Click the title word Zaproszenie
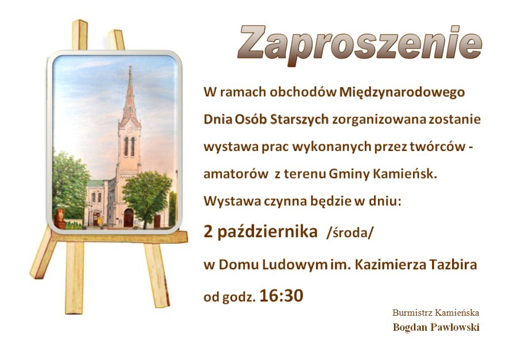pos(360,45)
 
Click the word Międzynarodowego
pos(402,92)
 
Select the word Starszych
pos(299,119)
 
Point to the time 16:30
pos(281,296)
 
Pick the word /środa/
pos(350,233)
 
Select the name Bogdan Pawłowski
pos(436,327)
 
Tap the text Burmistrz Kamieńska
pos(435,312)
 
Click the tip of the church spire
pos(130,66)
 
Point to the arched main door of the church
pos(128,218)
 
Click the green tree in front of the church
pos(146,196)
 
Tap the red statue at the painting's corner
pos(60,219)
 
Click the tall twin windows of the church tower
pos(129,147)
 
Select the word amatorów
pos(236,174)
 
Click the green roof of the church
pos(97,183)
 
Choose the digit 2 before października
pos(209,231)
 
